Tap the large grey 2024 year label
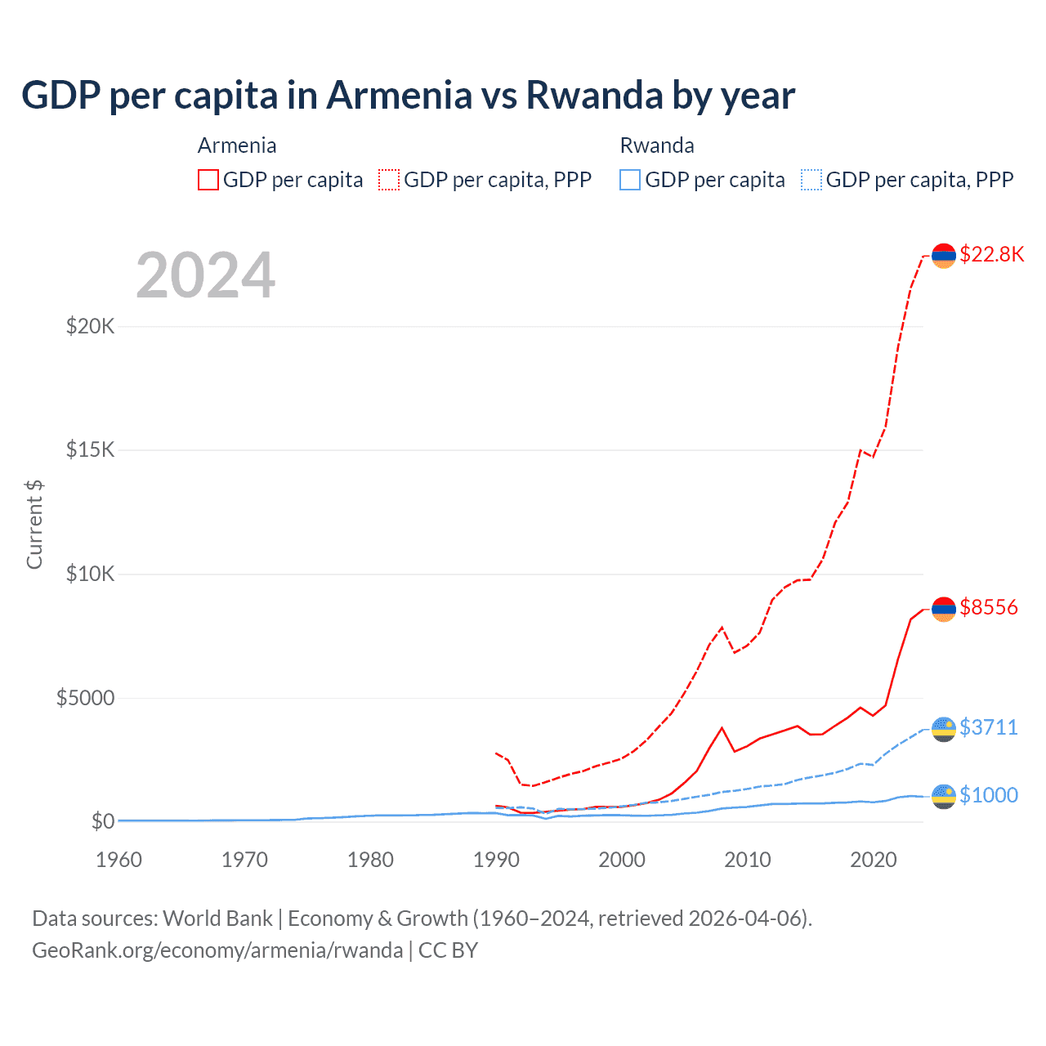click(x=205, y=275)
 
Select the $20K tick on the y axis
click(x=90, y=327)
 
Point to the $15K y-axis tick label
click(x=90, y=450)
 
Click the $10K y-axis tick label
click(x=90, y=574)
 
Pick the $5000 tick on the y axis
click(x=85, y=698)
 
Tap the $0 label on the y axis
click(x=102, y=821)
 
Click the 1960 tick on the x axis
click(x=118, y=860)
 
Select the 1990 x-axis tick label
click(x=496, y=860)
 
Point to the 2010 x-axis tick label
click(x=748, y=860)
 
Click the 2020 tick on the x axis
click(x=874, y=860)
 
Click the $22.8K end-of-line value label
click(x=991, y=254)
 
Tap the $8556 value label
click(x=989, y=607)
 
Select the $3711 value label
click(x=989, y=727)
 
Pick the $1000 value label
click(x=989, y=795)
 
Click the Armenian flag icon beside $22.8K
click(x=944, y=256)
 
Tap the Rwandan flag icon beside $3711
click(x=944, y=729)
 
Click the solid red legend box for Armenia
click(x=208, y=180)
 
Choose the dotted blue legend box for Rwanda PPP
click(x=811, y=180)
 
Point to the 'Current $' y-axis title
click(x=34, y=525)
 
